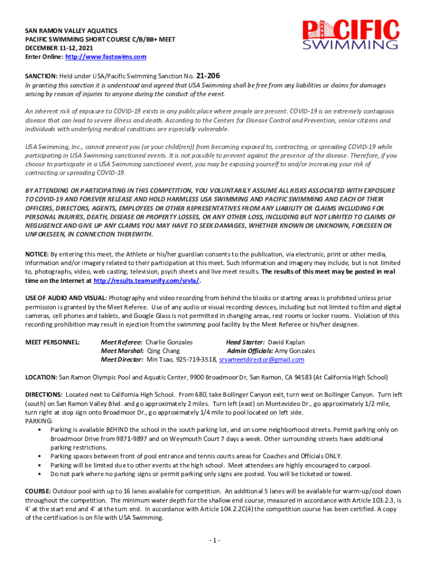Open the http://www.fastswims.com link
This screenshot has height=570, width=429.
pos(106,57)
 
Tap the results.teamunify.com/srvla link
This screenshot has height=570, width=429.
pos(147,281)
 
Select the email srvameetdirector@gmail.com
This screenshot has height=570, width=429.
pos(262,360)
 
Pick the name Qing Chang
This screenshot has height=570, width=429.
pos(163,351)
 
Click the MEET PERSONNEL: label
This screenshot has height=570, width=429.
pos(52,342)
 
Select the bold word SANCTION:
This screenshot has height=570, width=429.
pos(41,76)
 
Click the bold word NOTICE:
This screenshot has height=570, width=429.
pos(37,254)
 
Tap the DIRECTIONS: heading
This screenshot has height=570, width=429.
pos(43,395)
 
